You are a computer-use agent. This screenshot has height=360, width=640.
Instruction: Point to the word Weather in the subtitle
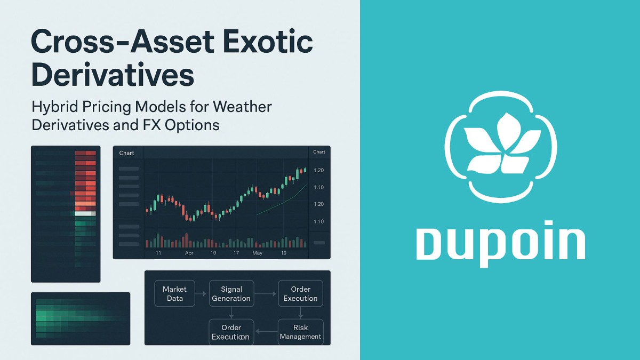click(x=242, y=107)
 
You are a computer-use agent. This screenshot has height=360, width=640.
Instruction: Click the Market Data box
click(x=174, y=293)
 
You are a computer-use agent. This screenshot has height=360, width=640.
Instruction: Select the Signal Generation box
click(x=231, y=293)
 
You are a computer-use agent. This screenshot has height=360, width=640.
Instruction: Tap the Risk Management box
click(x=300, y=332)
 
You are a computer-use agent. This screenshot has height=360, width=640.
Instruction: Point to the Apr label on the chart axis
click(x=189, y=253)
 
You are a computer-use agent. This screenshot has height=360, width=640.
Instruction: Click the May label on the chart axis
click(x=258, y=253)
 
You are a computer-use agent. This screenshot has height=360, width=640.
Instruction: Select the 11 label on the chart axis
click(x=158, y=253)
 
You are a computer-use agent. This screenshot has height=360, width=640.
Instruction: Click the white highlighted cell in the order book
click(x=85, y=213)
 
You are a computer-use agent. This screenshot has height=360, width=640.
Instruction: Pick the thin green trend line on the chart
click(x=283, y=200)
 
